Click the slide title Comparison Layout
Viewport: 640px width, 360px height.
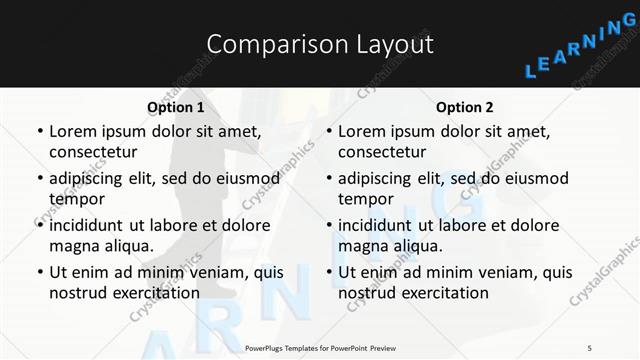tap(320, 44)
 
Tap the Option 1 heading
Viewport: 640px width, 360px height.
tap(175, 106)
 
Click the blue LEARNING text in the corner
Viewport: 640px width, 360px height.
tap(580, 58)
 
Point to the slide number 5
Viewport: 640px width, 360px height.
tap(590, 348)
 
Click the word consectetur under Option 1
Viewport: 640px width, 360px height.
tap(93, 152)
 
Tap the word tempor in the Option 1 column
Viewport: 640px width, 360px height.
tap(75, 199)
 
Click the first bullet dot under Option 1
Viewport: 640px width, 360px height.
tap(39, 132)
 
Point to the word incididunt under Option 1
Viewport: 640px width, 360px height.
tap(91, 225)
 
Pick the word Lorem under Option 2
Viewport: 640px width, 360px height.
tap(361, 131)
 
